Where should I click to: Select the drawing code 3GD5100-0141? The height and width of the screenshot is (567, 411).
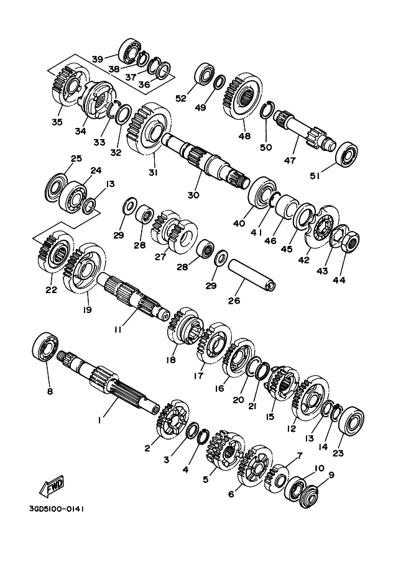[56, 508]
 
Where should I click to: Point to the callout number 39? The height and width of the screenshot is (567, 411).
[98, 58]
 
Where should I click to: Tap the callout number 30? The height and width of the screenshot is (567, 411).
[193, 194]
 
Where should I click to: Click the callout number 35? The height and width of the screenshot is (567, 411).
[57, 122]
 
